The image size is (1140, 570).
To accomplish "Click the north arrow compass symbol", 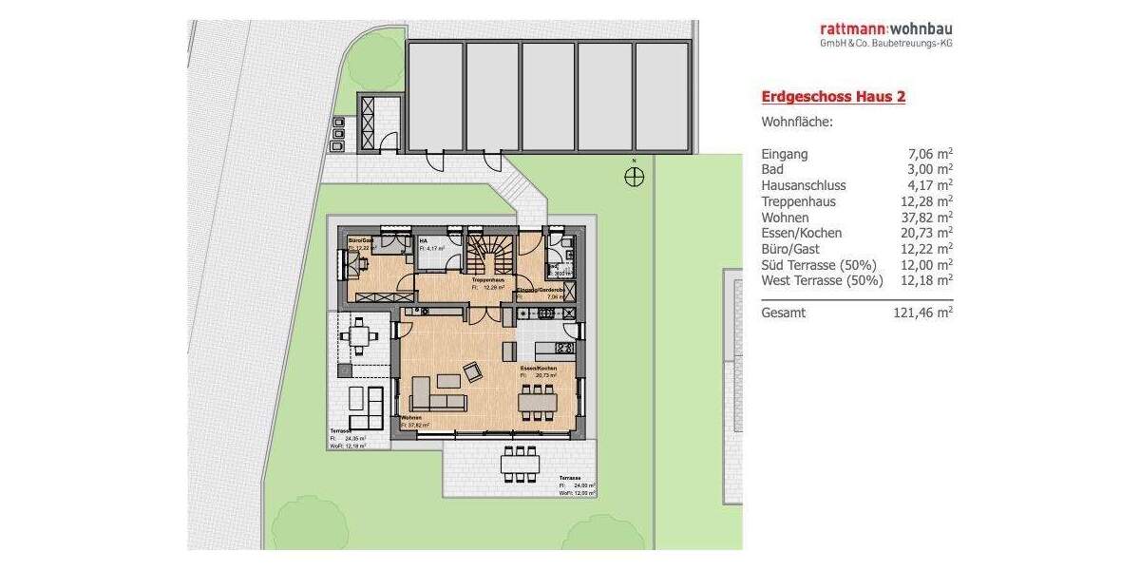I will point(634,176).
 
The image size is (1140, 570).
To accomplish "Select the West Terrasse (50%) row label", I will point(822,281).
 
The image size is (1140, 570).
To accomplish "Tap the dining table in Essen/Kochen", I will point(539,402).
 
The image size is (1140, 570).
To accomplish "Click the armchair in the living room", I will point(472,371).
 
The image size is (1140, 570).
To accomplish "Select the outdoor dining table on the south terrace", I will point(521,463).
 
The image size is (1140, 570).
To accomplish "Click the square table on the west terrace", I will point(359,334).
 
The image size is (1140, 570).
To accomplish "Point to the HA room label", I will point(423,241).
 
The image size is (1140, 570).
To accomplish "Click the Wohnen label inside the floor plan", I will point(411,418).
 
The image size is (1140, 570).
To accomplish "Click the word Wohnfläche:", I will point(797,123).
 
